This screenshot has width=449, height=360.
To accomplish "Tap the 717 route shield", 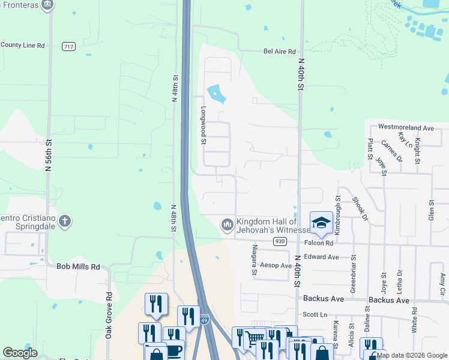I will (68, 46).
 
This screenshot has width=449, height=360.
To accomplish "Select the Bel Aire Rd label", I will (280, 52).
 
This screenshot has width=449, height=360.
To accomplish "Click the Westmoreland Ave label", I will (406, 128).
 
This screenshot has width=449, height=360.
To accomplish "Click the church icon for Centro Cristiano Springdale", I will (65, 222).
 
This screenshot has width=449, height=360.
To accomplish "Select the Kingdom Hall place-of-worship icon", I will (228, 225).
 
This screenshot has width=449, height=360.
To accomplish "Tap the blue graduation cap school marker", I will (321, 222).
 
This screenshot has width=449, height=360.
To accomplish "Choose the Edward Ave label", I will (321, 257).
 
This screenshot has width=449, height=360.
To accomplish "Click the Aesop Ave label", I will (276, 265).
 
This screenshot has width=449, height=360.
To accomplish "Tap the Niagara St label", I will (255, 260).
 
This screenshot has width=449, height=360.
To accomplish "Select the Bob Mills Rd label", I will (78, 266).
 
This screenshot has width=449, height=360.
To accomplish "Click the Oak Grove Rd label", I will (109, 315).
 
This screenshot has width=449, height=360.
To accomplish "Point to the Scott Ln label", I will (315, 314).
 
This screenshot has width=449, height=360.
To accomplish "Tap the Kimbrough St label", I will (338, 207).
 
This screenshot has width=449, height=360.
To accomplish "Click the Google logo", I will (20, 353).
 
